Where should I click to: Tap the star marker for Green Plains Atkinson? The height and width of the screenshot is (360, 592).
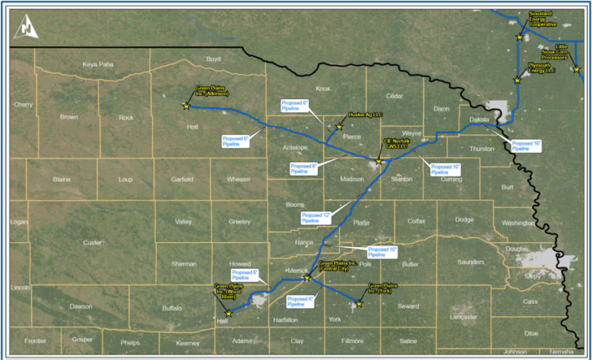(186, 106)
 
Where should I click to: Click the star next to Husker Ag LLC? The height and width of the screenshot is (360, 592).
(340, 127)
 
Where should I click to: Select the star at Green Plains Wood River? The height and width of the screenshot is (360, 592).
(229, 314)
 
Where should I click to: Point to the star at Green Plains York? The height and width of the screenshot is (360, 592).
(357, 306)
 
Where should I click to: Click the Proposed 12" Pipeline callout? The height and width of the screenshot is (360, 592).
(311, 217)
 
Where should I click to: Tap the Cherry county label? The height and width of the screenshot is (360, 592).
(23, 104)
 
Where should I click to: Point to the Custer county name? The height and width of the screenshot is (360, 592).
(93, 242)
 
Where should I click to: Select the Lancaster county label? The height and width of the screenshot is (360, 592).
(464, 317)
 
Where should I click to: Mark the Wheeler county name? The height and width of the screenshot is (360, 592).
(238, 179)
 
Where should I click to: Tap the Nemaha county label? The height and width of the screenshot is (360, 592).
(560, 352)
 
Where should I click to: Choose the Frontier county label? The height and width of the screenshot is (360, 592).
(36, 341)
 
